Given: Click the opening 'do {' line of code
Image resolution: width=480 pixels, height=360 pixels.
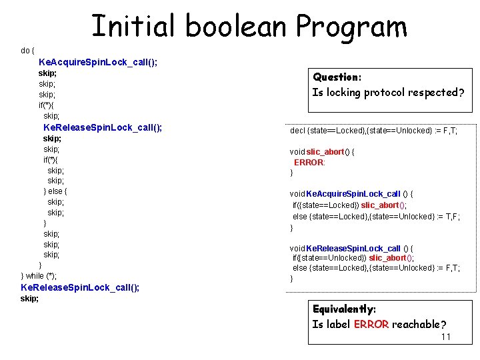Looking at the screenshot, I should tap(27, 51).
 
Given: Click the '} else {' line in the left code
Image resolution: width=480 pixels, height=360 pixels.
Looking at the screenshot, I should tap(55, 191).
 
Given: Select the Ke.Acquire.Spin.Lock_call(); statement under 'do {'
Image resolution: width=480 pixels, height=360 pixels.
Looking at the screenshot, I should tap(98, 62).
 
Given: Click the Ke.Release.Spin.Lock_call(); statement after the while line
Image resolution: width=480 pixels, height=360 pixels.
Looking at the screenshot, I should tap(80, 287).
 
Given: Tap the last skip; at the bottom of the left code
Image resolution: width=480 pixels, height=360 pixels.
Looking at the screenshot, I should tap(30, 299).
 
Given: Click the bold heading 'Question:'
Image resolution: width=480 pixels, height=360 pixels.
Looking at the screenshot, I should tap(337, 77).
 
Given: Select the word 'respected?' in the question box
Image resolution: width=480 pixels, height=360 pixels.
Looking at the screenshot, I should tap(437, 93).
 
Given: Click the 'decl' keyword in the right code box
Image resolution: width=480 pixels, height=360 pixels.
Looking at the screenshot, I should tap(297, 131).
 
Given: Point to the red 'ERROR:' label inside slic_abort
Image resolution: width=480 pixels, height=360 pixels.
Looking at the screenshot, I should tap(309, 163).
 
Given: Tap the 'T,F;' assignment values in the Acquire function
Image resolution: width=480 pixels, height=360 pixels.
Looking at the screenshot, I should tap(451, 217).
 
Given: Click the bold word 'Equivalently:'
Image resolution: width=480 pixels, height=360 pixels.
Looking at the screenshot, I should tap(344, 309).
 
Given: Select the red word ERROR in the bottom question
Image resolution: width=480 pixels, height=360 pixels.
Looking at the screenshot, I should tap(371, 325).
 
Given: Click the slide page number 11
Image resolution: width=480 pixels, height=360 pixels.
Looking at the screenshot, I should tap(446, 337).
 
